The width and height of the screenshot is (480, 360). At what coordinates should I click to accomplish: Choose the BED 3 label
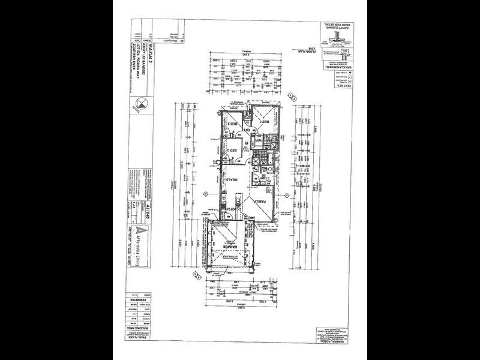[x=229, y=150]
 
